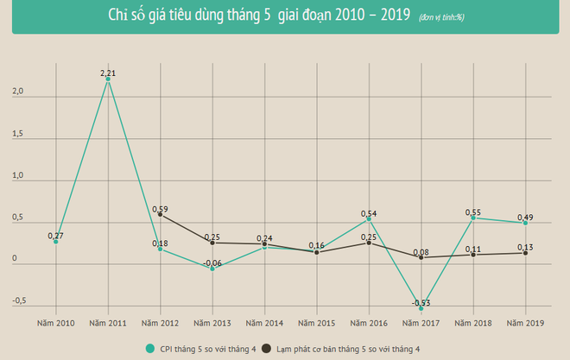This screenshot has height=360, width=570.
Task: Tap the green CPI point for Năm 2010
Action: pyautogui.click(x=56, y=242)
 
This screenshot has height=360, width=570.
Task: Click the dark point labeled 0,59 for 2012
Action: pyautogui.click(x=160, y=214)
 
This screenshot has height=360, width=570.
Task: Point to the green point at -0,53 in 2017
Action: pyautogui.click(x=421, y=308)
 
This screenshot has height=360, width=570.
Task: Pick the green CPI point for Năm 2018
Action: pyautogui.click(x=474, y=218)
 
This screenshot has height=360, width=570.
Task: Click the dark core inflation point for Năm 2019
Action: pyautogui.click(x=525, y=253)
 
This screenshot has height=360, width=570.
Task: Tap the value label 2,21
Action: pyautogui.click(x=108, y=73)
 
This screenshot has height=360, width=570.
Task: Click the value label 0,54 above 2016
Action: pyautogui.click(x=369, y=212)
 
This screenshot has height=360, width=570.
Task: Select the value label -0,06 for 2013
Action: pyautogui.click(x=212, y=262)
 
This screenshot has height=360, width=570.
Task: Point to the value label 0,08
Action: pyautogui.click(x=421, y=251)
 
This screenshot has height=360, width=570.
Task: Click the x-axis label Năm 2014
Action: pyautogui.click(x=264, y=323)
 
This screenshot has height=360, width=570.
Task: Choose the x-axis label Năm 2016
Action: pyautogui.click(x=369, y=323)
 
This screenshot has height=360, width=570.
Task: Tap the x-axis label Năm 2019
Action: pyautogui.click(x=525, y=323)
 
